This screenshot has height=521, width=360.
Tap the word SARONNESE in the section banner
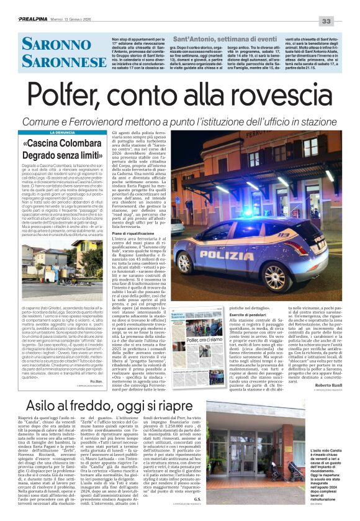pyautogui.click(x=55, y=62)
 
